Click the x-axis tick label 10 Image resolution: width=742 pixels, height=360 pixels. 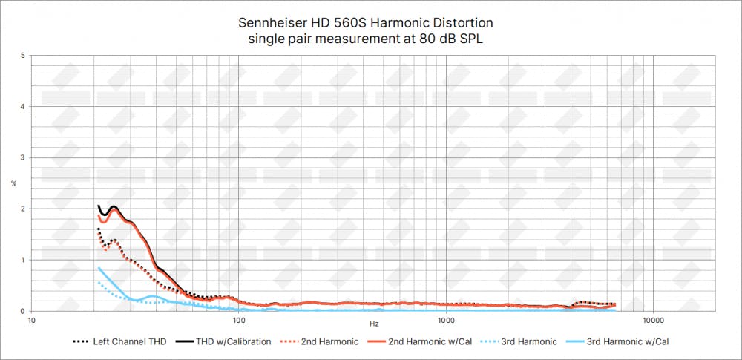(x=31, y=321)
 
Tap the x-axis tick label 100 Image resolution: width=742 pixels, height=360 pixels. (x=239, y=321)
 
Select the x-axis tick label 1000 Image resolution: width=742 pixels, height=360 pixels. (x=446, y=321)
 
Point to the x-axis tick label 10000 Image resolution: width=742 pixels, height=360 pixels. (x=653, y=321)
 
